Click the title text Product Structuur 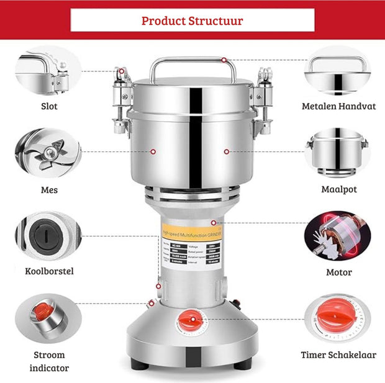tap(192, 20)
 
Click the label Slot tap(49, 106)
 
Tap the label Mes tap(49, 189)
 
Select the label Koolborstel tap(49, 271)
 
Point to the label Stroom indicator tap(49, 361)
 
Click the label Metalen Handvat tap(338, 106)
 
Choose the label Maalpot tap(339, 189)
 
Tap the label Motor tap(339, 272)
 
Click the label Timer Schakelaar tap(338, 355)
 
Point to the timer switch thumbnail tap(337, 318)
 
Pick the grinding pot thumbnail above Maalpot tap(337, 153)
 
